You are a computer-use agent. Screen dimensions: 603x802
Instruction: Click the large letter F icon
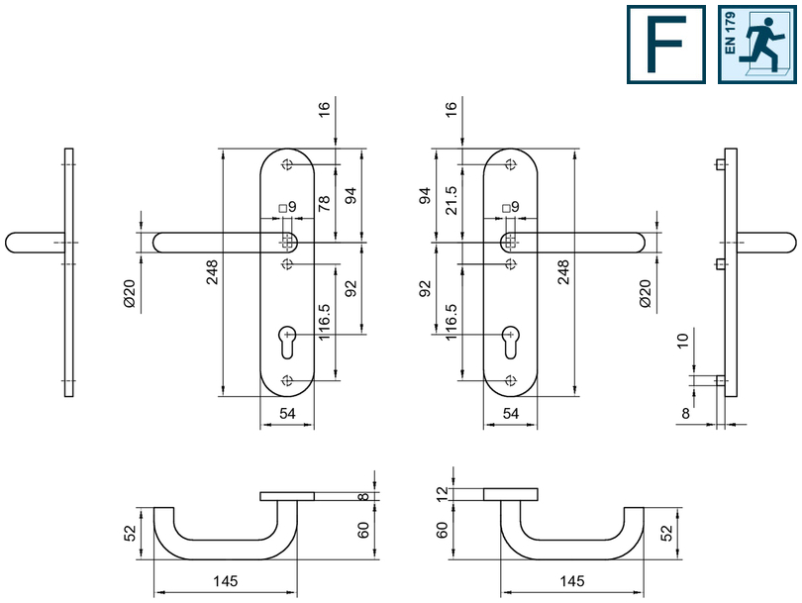[665, 44]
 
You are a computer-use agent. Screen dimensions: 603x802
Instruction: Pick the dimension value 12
[443, 492]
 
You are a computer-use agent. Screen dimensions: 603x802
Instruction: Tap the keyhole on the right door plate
[510, 341]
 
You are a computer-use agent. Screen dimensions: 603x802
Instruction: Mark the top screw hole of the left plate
[287, 164]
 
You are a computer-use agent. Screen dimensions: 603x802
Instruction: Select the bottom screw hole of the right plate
[510, 381]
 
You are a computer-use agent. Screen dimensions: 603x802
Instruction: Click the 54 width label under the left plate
[287, 414]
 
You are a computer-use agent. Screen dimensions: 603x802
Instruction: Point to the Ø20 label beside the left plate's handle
[129, 293]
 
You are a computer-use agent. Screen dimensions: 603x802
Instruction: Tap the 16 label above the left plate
[324, 110]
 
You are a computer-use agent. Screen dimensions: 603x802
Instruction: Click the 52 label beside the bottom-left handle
[129, 532]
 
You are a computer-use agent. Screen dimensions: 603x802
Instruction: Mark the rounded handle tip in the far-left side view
[14, 243]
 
